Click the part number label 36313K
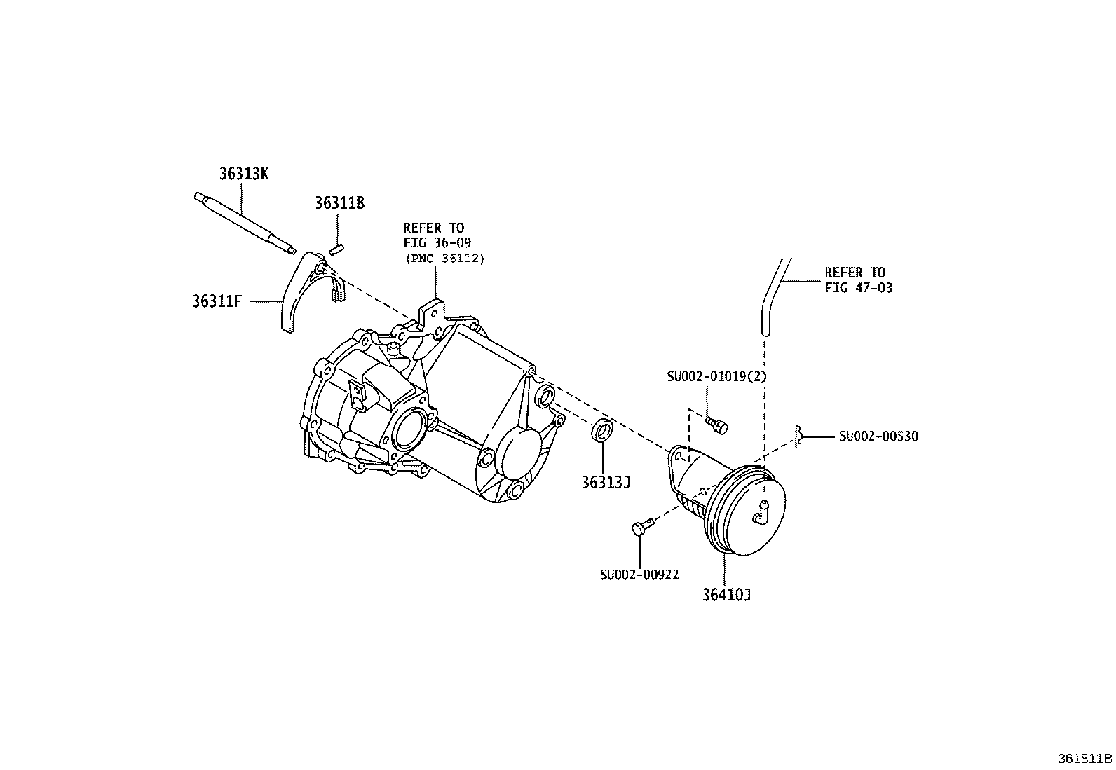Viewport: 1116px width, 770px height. [x=243, y=174]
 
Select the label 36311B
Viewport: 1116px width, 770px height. [x=339, y=203]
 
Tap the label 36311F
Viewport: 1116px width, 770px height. [x=217, y=302]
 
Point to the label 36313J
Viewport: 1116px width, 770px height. [x=606, y=483]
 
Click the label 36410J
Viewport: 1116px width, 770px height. [x=727, y=595]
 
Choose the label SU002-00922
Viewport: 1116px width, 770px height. [x=639, y=575]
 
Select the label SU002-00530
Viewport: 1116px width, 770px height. [x=878, y=436]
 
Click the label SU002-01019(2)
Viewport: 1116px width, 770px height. [x=717, y=376]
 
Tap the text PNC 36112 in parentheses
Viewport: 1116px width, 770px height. [x=444, y=258]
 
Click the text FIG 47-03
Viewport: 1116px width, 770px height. [x=859, y=287]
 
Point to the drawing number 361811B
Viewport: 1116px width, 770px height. [x=1085, y=759]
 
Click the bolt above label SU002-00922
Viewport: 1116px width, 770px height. [x=641, y=528]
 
